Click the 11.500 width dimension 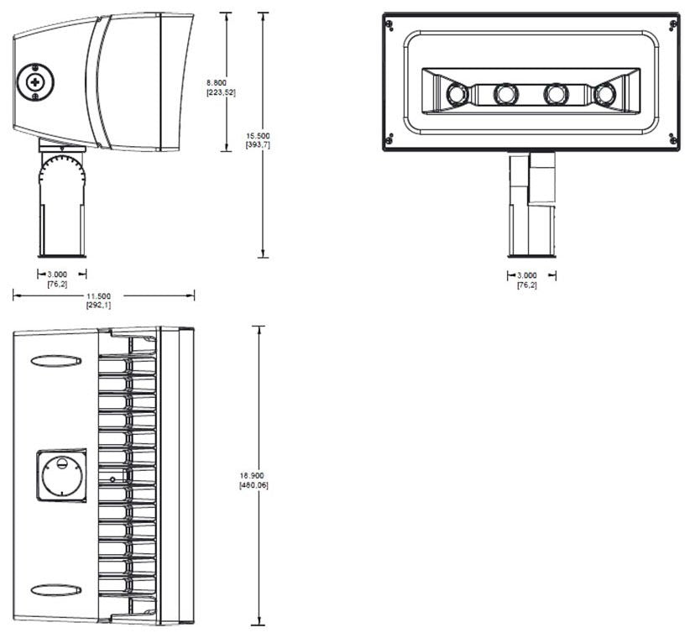tap(98, 295)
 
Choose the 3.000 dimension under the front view tap(527, 275)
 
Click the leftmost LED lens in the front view tap(456, 93)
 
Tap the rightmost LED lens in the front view tap(603, 94)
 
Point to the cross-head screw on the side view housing tap(36, 82)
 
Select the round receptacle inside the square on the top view tap(63, 476)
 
